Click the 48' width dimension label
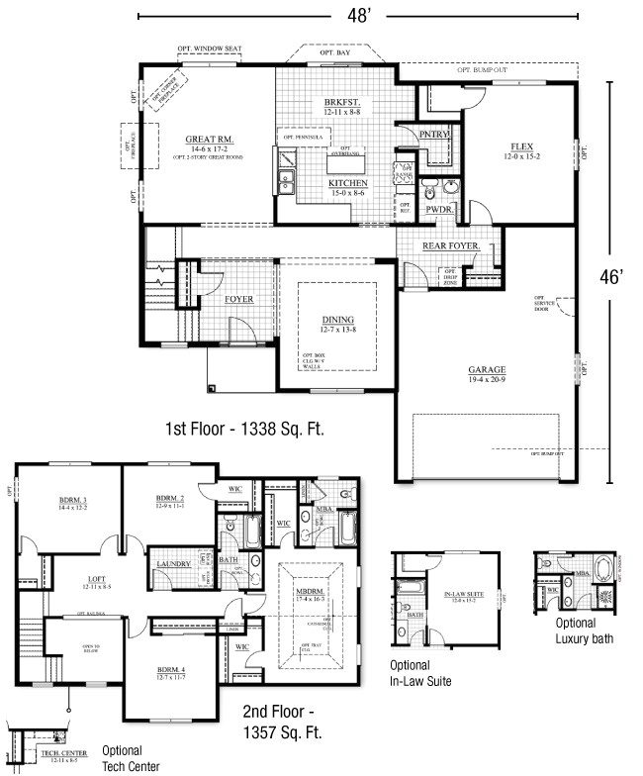358,16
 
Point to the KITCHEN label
348,183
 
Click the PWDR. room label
439,210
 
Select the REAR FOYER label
452,245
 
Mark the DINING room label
337,320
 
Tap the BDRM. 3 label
72,501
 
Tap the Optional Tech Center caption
123,758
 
